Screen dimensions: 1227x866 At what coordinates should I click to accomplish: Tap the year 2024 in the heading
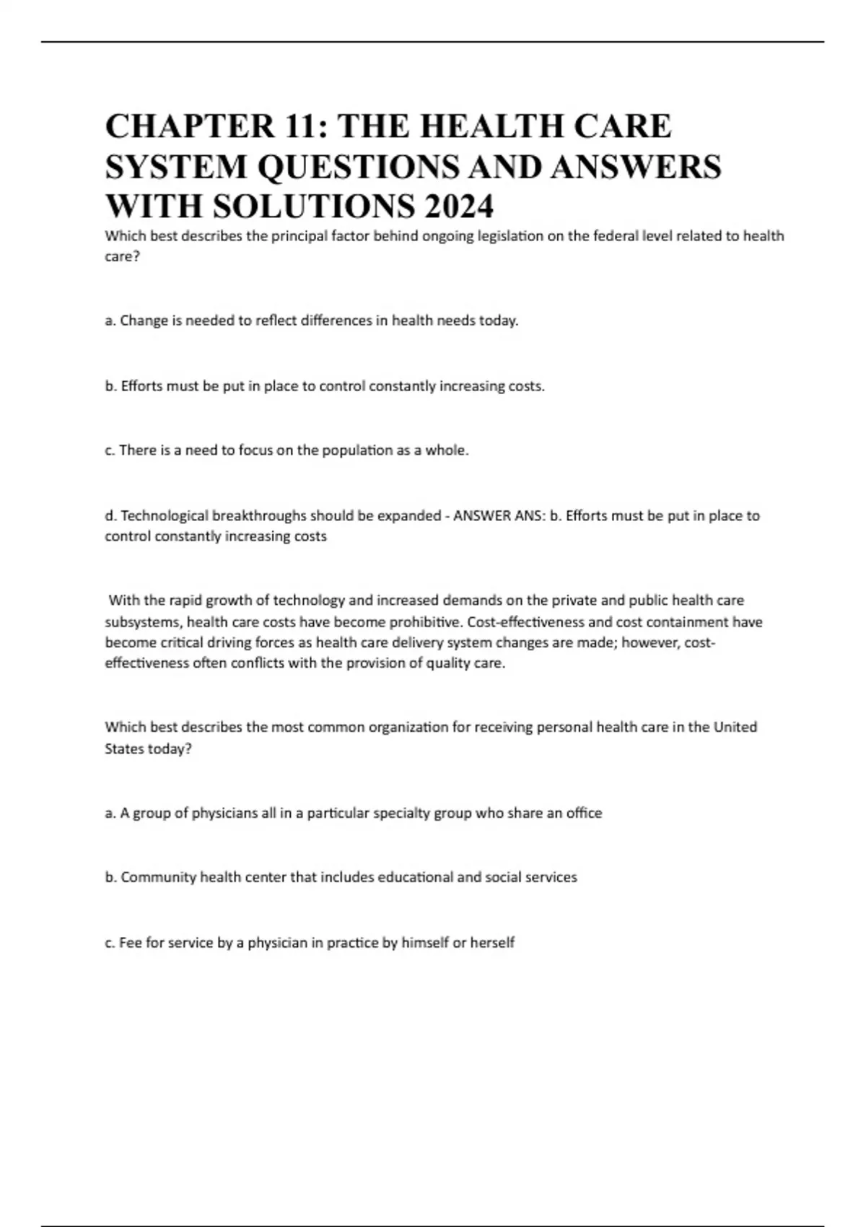point(459,206)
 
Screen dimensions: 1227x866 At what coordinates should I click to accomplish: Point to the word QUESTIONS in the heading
point(358,167)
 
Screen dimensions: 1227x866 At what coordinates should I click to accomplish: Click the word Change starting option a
point(144,320)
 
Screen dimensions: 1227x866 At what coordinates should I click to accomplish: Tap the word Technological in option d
point(162,516)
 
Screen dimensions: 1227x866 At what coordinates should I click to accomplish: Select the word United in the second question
point(735,727)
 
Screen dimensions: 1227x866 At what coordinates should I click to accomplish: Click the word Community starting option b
point(158,878)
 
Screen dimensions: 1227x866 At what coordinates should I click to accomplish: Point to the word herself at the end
point(493,943)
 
